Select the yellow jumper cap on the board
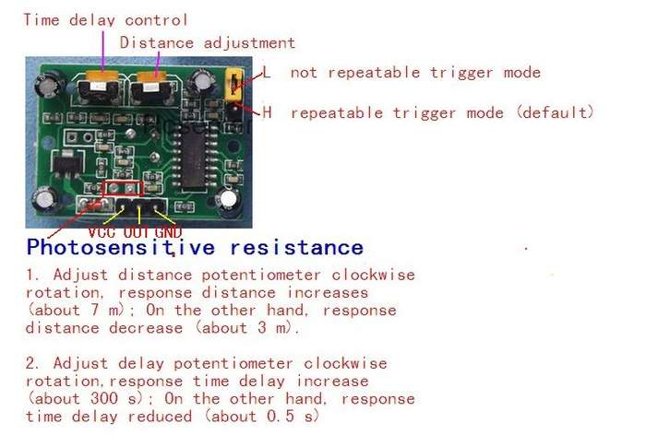pos(234,85)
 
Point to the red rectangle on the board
pos(123,188)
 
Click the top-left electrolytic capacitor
pos(50,84)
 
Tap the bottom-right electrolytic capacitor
pos(229,202)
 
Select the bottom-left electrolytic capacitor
pos(45,200)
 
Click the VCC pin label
pos(102,232)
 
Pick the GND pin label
pos(168,232)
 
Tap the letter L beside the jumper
pos(266,73)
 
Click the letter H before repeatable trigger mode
pos(267,112)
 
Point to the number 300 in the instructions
pos(103,398)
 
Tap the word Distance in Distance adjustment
pos(157,42)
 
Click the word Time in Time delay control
pos(42,19)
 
